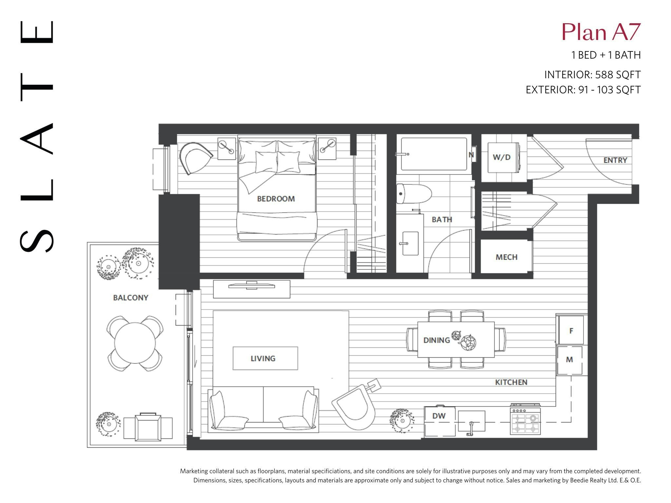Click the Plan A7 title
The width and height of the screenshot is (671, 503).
click(x=601, y=32)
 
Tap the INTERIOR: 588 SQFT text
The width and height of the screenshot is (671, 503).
click(x=592, y=75)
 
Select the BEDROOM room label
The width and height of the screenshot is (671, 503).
click(x=276, y=199)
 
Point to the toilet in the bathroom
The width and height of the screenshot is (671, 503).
click(x=413, y=194)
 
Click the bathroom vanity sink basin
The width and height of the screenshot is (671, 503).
click(x=410, y=243)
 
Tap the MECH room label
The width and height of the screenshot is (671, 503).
click(x=507, y=257)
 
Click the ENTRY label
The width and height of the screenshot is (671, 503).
click(x=615, y=160)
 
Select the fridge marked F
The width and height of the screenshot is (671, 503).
click(x=571, y=330)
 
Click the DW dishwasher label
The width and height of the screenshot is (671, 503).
click(x=439, y=416)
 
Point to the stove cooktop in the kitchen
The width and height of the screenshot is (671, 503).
click(x=525, y=420)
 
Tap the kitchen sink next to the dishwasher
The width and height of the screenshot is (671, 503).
click(x=471, y=421)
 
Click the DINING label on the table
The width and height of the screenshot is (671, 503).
click(x=436, y=340)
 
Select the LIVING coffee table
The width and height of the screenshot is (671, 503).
click(x=265, y=358)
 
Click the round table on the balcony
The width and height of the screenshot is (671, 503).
click(x=135, y=343)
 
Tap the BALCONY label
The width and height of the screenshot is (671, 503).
click(x=131, y=298)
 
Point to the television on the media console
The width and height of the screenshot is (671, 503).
click(x=252, y=286)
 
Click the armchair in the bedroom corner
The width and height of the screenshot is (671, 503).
click(x=196, y=158)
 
